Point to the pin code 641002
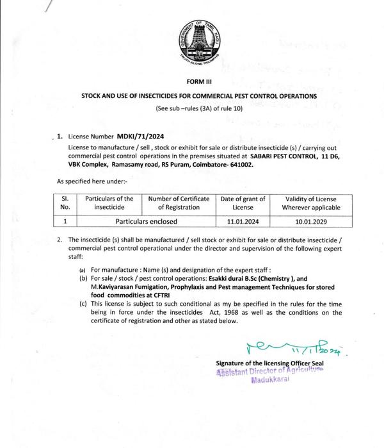241,165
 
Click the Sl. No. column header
64,203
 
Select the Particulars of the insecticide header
109,203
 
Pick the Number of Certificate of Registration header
179,203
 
